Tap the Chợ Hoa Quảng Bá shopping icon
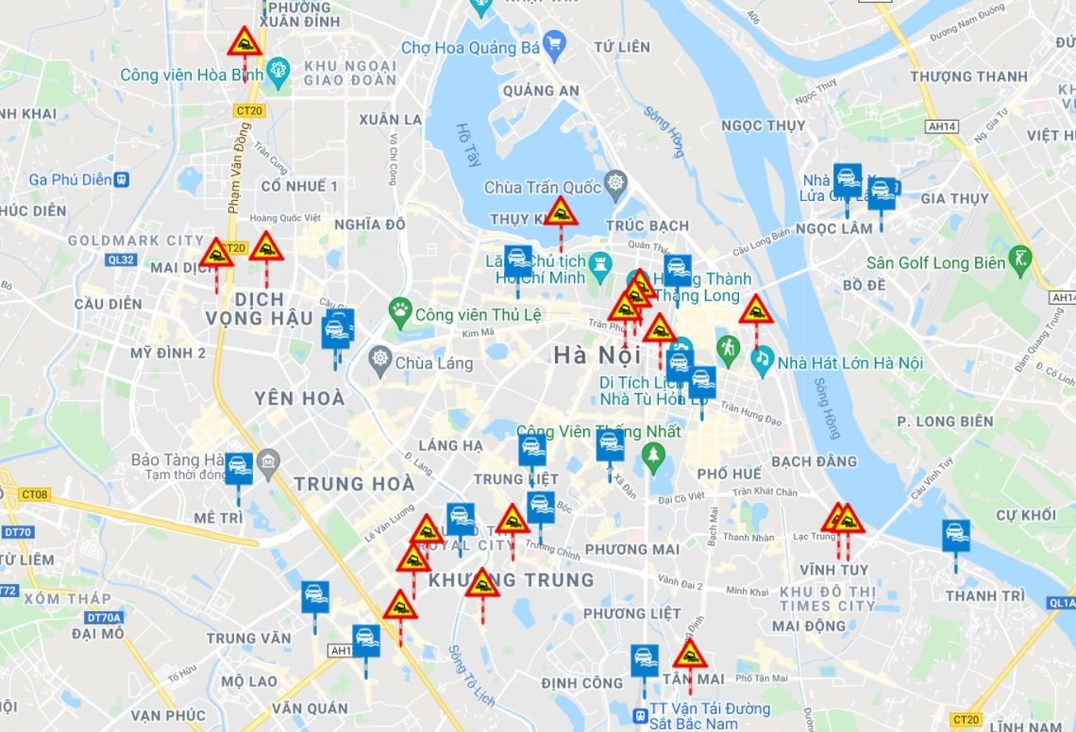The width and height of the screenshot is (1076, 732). (554, 43)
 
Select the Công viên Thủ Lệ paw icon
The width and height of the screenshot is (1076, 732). (400, 309)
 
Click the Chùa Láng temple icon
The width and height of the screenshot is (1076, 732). (380, 359)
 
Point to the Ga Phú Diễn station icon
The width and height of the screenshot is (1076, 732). (121, 179)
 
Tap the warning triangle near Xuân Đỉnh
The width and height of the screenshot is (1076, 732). (244, 42)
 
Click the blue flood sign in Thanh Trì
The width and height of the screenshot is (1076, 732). (956, 534)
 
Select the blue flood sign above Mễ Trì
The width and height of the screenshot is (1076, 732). (238, 467)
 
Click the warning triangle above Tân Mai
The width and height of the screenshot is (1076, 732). (690, 654)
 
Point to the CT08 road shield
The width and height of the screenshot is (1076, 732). (35, 494)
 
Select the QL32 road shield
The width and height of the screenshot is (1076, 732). (121, 258)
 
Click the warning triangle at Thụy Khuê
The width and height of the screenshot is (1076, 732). (562, 212)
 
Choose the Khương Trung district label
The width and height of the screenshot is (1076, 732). (511, 579)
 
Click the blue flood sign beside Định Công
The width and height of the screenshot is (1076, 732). (645, 658)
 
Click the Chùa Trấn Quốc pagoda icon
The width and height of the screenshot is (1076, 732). (616, 183)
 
